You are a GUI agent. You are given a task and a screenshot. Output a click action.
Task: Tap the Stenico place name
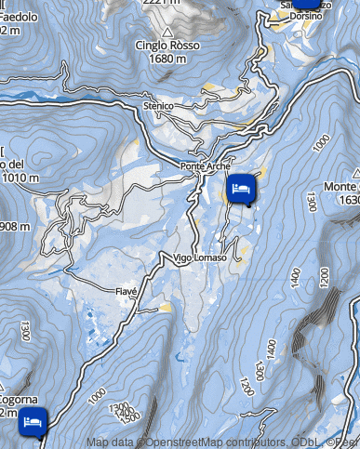pos(159,107)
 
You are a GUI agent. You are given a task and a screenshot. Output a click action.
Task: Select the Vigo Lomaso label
pos(199,258)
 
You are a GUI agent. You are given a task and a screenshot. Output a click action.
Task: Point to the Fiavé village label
pos(126,291)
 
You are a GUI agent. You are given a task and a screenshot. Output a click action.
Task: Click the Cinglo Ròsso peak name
pos(167,46)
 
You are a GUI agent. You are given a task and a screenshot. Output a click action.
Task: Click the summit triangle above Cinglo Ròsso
pos(167,33)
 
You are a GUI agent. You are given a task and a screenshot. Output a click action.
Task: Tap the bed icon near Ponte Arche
pos(241,189)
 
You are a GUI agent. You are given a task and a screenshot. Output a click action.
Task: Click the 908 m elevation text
pos(15,227)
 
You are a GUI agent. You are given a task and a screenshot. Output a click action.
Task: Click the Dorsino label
pos(304,16)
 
